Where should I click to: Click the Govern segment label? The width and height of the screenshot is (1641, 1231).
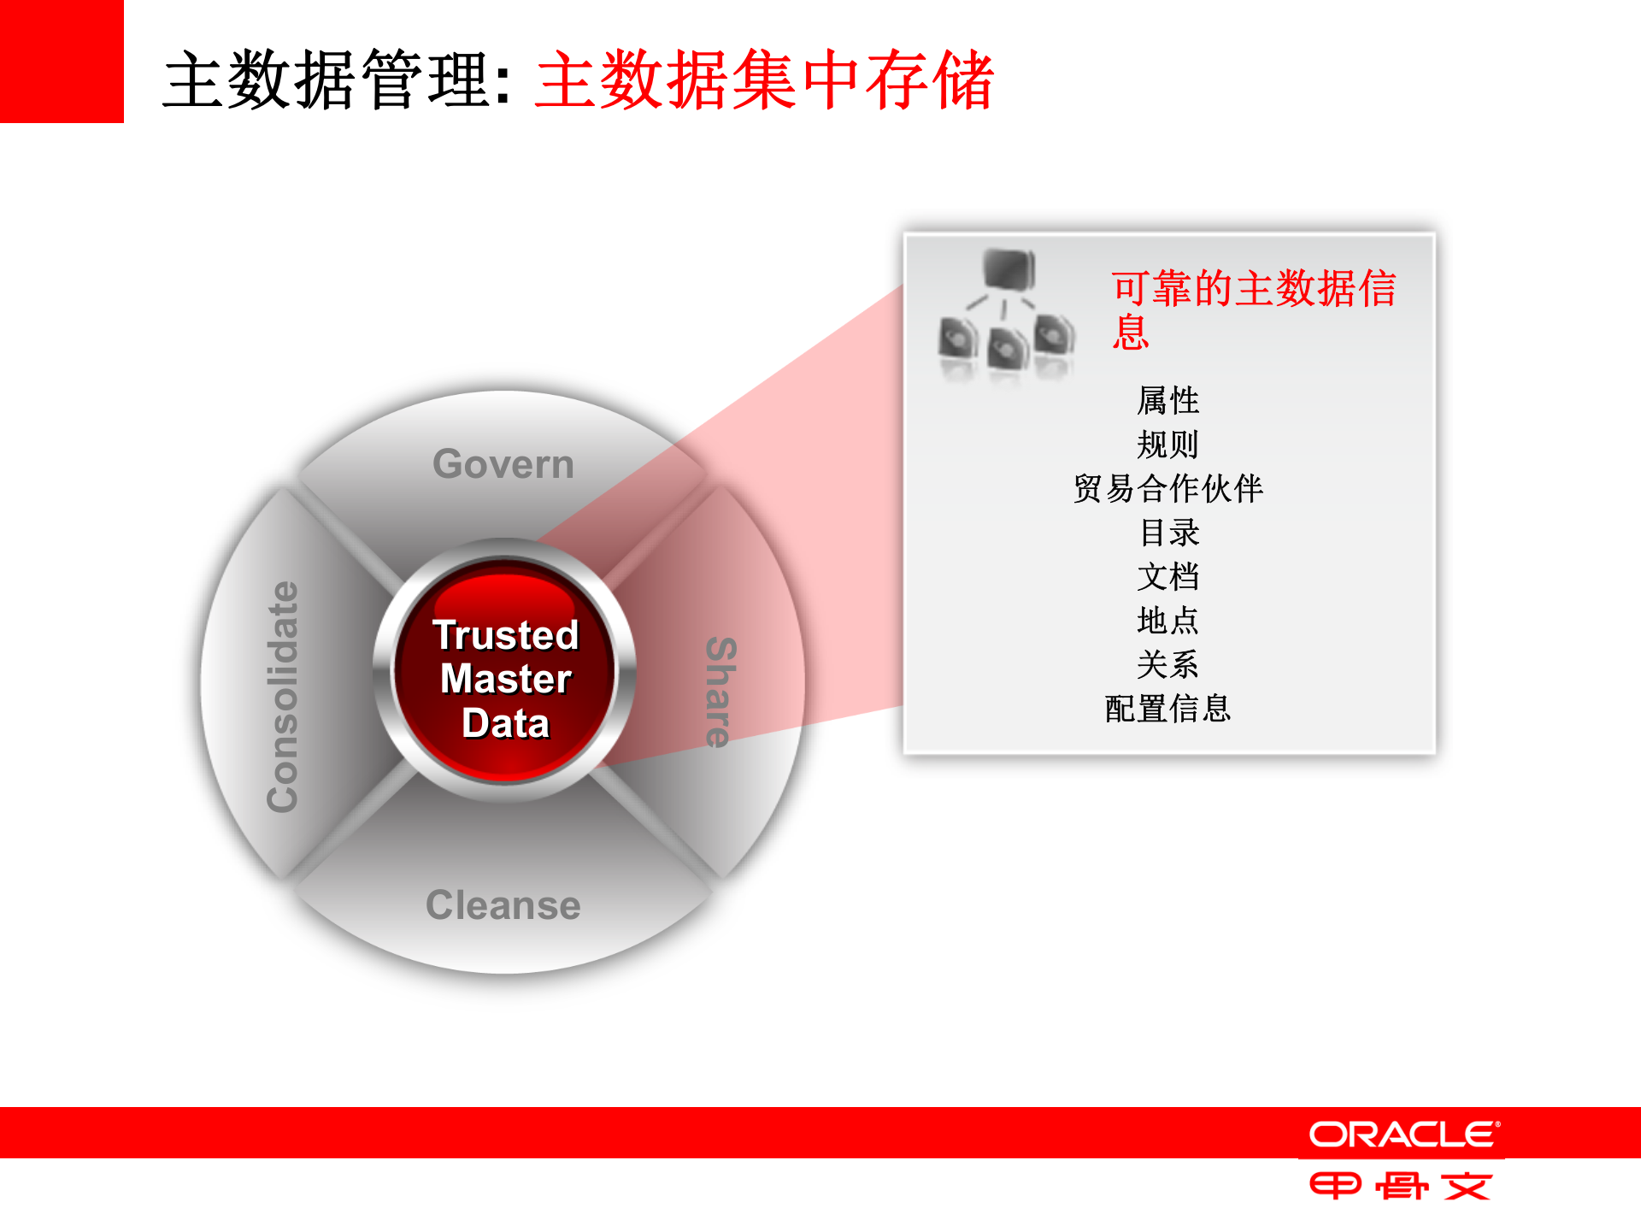[503, 464]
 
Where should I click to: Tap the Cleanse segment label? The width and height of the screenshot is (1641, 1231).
[503, 905]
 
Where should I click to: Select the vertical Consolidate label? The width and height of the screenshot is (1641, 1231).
[283, 697]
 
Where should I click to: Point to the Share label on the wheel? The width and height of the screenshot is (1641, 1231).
[721, 692]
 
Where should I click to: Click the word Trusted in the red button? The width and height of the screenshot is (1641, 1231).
[506, 635]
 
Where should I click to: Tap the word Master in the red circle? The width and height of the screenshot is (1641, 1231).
[506, 680]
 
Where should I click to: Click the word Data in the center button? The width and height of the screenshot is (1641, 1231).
[506, 723]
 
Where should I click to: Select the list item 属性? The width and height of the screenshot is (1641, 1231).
[1168, 400]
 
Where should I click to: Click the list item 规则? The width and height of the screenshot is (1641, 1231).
[1168, 445]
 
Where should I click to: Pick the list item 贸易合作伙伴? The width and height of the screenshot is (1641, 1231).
[1168, 489]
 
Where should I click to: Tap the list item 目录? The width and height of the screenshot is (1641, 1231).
[1168, 533]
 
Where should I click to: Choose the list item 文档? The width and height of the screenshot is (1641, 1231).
[1168, 577]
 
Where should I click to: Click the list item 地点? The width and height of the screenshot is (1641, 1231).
[1168, 621]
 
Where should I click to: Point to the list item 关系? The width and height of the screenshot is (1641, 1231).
[1168, 664]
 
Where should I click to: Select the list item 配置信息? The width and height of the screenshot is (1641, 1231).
[1168, 709]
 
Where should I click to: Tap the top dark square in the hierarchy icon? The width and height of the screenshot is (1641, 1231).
[1009, 269]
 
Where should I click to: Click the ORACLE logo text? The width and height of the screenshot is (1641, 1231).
[1403, 1134]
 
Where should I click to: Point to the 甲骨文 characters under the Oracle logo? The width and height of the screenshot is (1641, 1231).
[1401, 1186]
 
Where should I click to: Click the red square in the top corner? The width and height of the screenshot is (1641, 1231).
[62, 61]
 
